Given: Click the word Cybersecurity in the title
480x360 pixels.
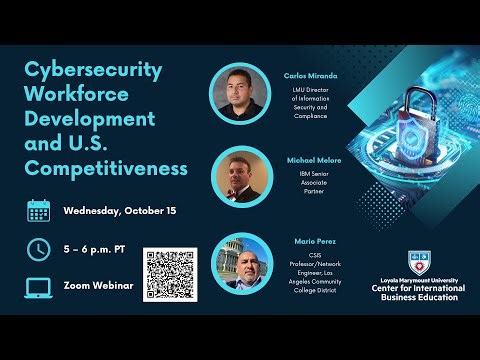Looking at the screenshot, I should (93, 72).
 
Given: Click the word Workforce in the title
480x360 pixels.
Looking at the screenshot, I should (79, 96).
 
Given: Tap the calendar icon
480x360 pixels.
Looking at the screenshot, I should (39, 211).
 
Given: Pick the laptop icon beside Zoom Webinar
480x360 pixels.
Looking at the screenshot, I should (39, 287).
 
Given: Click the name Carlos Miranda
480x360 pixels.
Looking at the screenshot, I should (310, 75).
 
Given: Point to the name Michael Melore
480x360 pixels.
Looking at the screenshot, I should (310, 161).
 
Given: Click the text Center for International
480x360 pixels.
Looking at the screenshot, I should (417, 289).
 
